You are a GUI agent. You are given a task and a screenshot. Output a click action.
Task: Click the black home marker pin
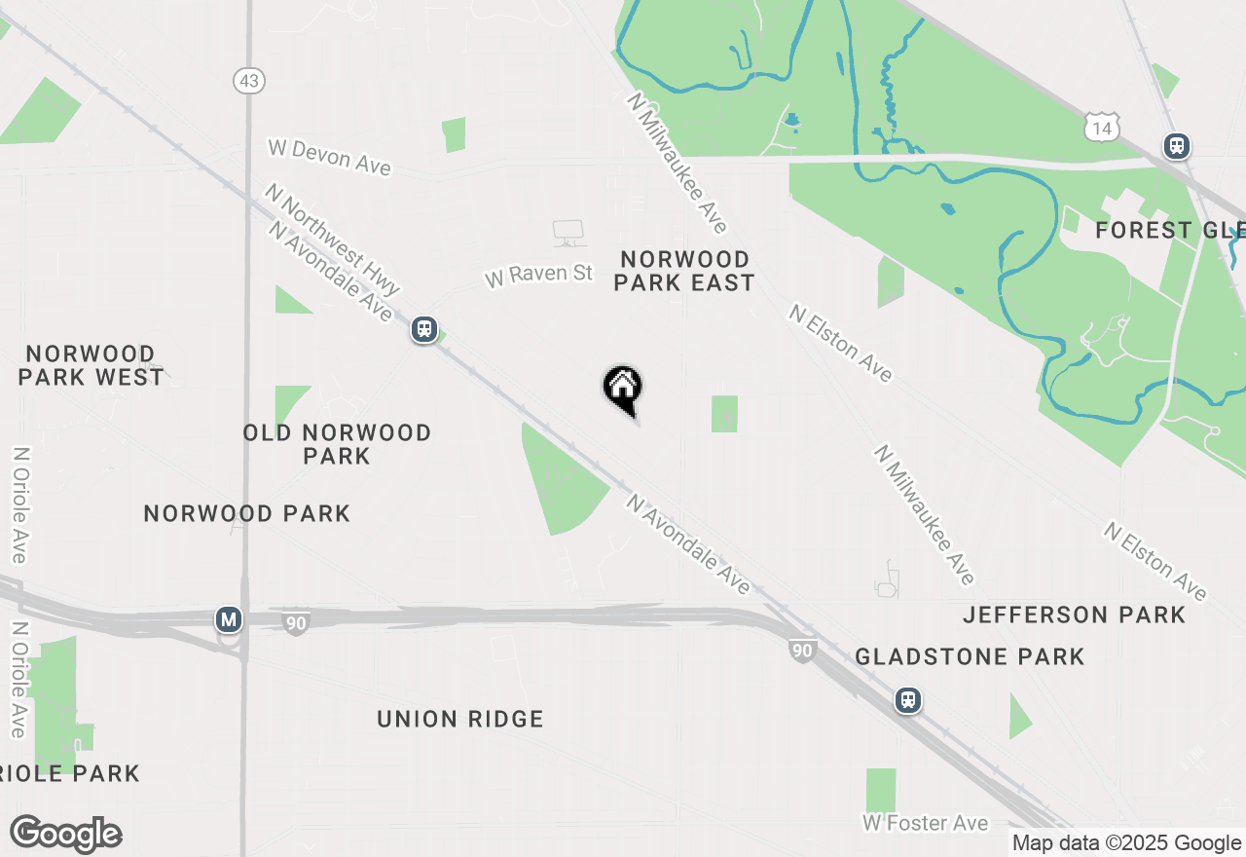[623, 389]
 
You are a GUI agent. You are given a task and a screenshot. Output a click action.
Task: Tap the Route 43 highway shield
[249, 81]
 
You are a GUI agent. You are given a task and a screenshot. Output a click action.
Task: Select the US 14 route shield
[1102, 127]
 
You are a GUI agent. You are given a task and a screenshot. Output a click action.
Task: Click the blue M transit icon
[229, 619]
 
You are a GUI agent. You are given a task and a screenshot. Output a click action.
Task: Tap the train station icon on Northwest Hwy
[423, 328]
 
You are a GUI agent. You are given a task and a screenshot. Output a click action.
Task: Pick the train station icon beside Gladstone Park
[908, 700]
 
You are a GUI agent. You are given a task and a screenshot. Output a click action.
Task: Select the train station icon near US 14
[1177, 146]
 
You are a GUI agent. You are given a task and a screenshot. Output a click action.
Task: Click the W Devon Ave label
[329, 157]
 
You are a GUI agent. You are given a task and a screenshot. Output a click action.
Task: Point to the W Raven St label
[538, 275]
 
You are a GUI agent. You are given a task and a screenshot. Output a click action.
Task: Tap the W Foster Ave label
[925, 824]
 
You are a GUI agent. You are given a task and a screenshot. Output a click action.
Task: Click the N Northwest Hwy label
[332, 240]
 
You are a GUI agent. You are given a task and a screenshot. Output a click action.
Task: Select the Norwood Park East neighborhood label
[684, 271]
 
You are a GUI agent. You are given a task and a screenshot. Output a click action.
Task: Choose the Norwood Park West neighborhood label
[91, 365]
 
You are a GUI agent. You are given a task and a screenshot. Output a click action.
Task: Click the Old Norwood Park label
[337, 444]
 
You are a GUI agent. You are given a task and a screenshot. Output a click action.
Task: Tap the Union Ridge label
[460, 720]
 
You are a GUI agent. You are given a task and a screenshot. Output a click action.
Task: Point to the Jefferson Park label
[1074, 615]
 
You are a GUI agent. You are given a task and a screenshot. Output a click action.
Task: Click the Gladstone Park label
[970, 657]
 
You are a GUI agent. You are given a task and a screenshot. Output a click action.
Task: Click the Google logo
[65, 834]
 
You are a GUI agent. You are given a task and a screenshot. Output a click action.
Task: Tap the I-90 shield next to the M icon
[296, 623]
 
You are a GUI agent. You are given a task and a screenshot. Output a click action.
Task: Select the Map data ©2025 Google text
[1126, 843]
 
